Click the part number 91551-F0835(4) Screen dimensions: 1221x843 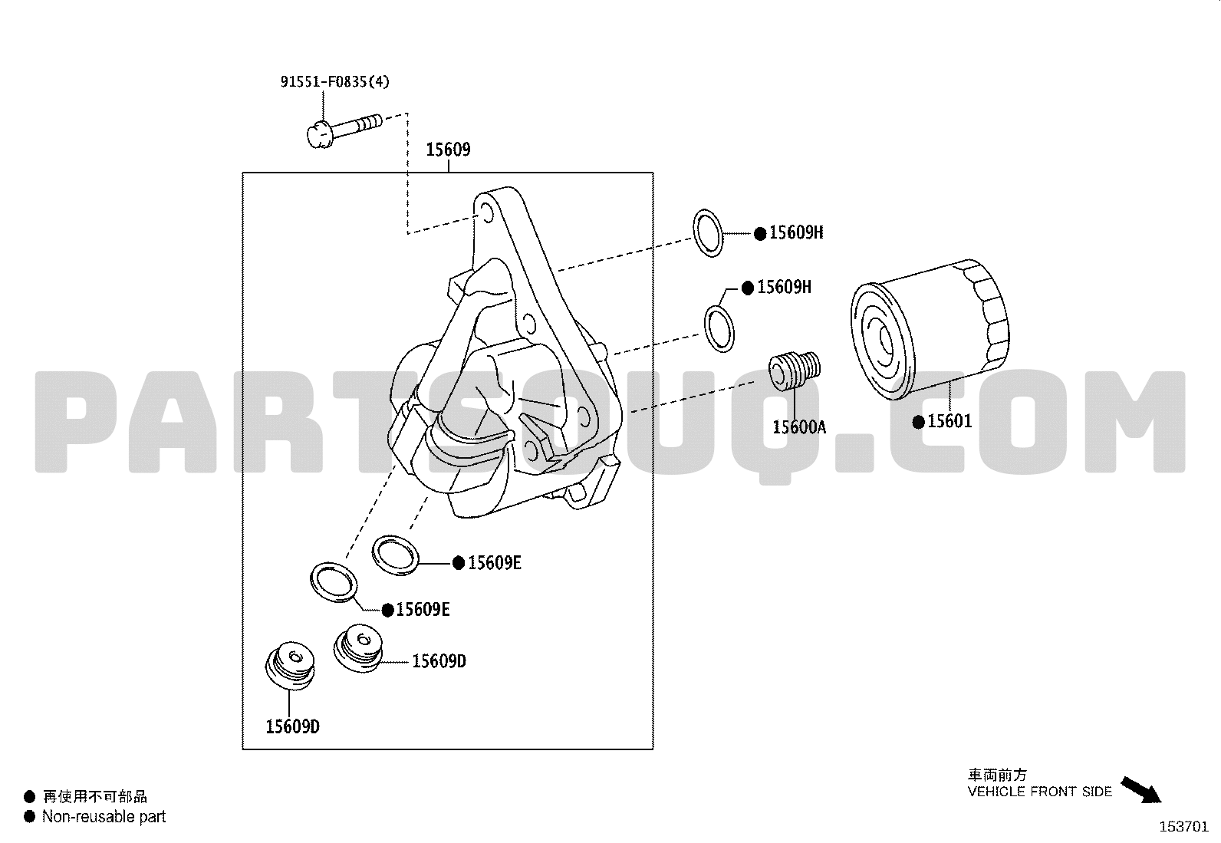tap(334, 82)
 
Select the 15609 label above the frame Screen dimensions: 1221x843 tap(448, 150)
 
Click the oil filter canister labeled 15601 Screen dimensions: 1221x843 tap(930, 330)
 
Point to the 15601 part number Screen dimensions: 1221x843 tap(949, 421)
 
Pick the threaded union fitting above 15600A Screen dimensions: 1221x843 tap(795, 370)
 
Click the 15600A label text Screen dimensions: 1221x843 tap(799, 427)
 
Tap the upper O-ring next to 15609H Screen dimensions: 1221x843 tap(708, 233)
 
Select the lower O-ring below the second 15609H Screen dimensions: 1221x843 tap(719, 329)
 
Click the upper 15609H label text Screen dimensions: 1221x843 tap(796, 233)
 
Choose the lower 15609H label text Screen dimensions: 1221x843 tap(784, 287)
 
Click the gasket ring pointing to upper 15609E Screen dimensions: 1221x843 tap(396, 555)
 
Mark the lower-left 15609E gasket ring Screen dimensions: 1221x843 tap(334, 582)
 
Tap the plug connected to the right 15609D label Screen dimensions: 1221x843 tap(357, 648)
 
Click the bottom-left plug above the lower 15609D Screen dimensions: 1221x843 tap(290, 665)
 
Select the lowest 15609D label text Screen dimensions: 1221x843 tap(293, 727)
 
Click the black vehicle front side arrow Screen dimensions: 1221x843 tap(1141, 790)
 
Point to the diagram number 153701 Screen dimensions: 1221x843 tap(1184, 827)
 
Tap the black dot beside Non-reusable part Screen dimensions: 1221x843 tap(29, 816)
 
